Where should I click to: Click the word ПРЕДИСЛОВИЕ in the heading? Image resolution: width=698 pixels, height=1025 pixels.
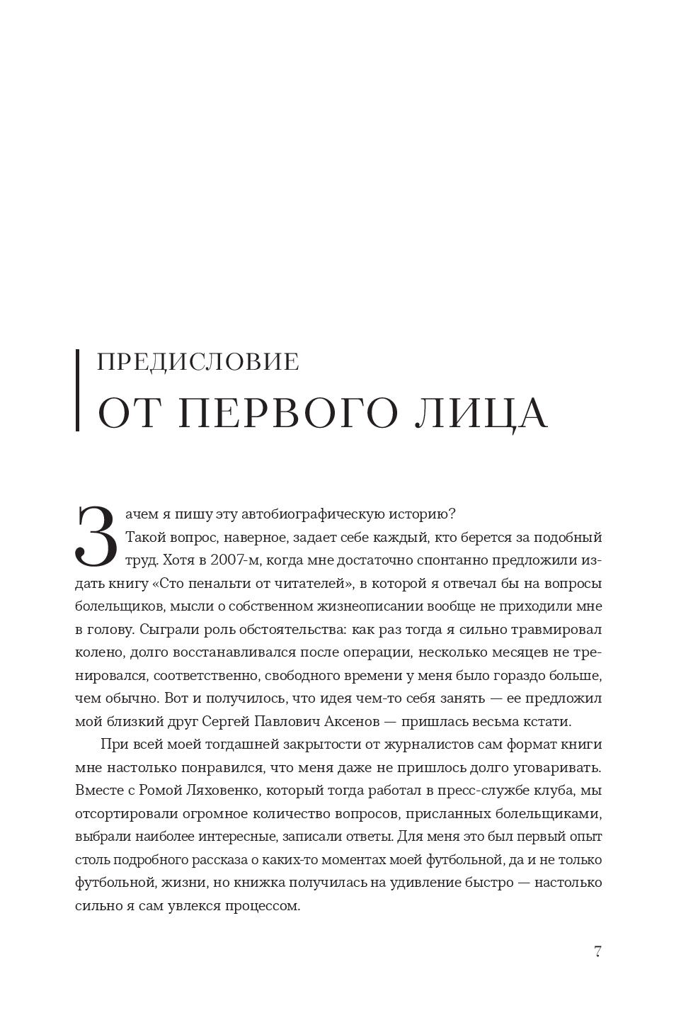tap(197, 362)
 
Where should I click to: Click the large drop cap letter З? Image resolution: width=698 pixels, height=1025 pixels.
tap(95, 536)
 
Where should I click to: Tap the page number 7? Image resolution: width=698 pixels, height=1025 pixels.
tap(597, 951)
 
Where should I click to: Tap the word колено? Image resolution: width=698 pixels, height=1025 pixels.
tap(97, 652)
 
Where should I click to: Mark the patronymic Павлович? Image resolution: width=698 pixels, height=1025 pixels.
tap(275, 722)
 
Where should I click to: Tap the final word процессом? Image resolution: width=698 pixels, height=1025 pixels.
tap(264, 906)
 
